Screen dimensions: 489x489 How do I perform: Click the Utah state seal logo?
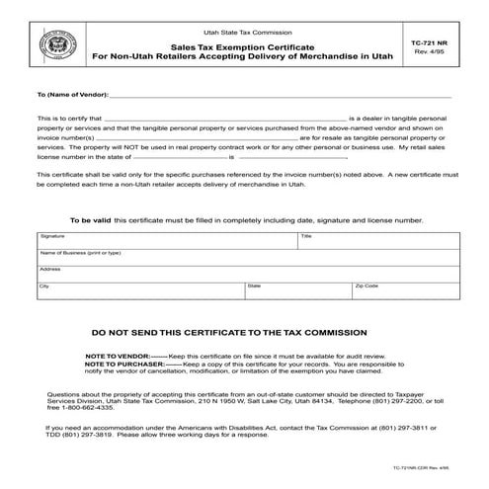pos(48,45)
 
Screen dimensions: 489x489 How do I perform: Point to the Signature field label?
pos(52,237)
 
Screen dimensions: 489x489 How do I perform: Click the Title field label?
pos(306,237)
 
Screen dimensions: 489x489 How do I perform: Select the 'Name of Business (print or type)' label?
pos(80,253)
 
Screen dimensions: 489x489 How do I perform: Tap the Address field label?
pos(50,269)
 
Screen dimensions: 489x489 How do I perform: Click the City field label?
pos(44,285)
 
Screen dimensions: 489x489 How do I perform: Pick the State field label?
pos(254,285)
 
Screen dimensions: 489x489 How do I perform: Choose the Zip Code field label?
pos(367,285)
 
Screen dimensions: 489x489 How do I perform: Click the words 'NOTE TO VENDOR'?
pos(117,355)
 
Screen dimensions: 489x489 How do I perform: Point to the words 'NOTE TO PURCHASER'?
pos(123,363)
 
